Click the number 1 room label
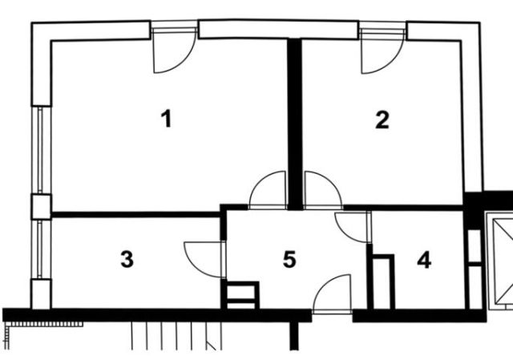[x=167, y=119]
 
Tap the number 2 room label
[x=382, y=119]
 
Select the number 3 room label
[x=127, y=259]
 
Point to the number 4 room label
[x=424, y=261]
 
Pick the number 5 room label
[x=289, y=259]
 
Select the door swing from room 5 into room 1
[x=268, y=190]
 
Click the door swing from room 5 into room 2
[x=323, y=190]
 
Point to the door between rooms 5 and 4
[x=353, y=227]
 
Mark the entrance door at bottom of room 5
[x=332, y=294]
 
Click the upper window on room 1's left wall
[x=41, y=150]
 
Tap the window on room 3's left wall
[x=41, y=249]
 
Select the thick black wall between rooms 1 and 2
[x=294, y=123]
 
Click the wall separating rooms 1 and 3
[x=135, y=215]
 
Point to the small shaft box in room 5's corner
[x=240, y=295]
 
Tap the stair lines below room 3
[x=176, y=336]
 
